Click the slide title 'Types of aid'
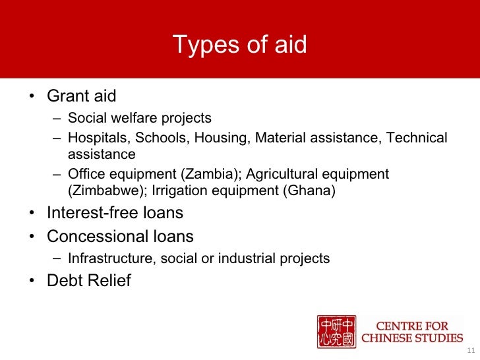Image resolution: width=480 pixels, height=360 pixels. tap(239, 44)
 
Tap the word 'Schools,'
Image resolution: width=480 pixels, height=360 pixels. tap(156, 138)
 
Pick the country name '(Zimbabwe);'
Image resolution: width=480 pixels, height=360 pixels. tap(108, 191)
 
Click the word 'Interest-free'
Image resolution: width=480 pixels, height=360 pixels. tap(96, 214)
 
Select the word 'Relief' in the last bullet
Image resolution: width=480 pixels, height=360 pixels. tap(107, 281)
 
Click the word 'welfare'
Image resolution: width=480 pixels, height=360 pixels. tap(131, 118)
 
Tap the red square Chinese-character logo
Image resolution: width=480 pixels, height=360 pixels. tap(337, 332)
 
